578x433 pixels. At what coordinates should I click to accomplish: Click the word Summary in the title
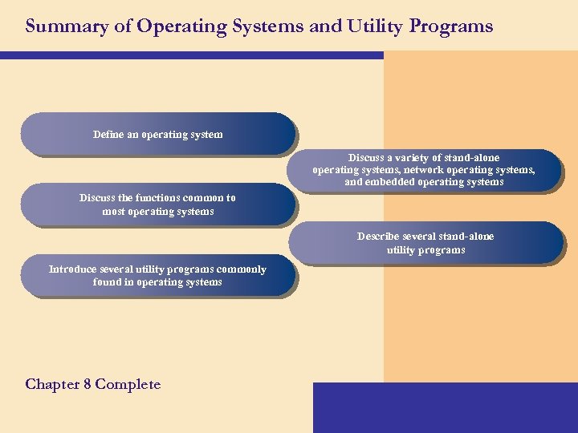click(58, 26)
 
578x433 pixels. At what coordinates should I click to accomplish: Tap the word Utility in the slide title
click(373, 26)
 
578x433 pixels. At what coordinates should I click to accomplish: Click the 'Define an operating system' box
click(158, 134)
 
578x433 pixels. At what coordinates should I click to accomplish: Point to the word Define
click(108, 134)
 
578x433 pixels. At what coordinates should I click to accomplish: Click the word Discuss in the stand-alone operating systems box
click(365, 158)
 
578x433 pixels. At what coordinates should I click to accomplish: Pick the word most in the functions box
click(116, 212)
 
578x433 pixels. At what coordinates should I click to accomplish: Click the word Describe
click(379, 237)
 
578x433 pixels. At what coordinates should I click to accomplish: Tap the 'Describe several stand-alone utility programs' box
click(425, 243)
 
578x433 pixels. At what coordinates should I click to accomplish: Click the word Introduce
click(73, 269)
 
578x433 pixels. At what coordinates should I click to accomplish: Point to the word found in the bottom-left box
click(107, 282)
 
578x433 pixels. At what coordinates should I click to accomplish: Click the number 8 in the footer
click(87, 384)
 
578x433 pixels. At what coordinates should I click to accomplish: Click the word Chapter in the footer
click(52, 384)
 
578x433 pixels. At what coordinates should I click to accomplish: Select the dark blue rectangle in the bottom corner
click(445, 407)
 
